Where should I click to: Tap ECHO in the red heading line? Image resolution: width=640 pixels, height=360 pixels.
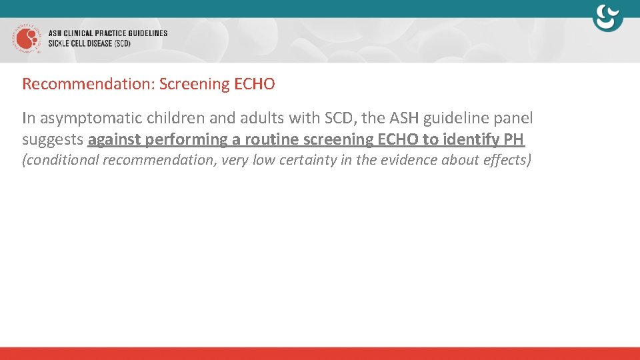pos(254,84)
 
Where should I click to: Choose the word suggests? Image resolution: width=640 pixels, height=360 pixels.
pos(53,140)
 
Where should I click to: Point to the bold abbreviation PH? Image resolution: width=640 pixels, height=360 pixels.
pos(515,139)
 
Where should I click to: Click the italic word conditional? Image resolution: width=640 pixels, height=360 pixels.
pos(61,161)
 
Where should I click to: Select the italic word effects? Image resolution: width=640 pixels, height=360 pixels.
pos(507,160)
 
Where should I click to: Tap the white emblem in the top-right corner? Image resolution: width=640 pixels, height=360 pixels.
pos(607,17)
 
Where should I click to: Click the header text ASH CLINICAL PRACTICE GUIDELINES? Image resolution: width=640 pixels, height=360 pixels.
pos(108,33)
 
